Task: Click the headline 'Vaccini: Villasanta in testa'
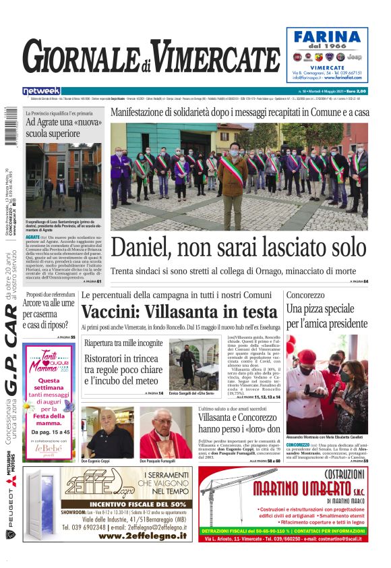point(179,312)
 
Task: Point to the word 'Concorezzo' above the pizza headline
point(307,295)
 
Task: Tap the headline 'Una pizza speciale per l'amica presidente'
point(327,316)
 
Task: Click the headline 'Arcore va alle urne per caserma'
point(49,309)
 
